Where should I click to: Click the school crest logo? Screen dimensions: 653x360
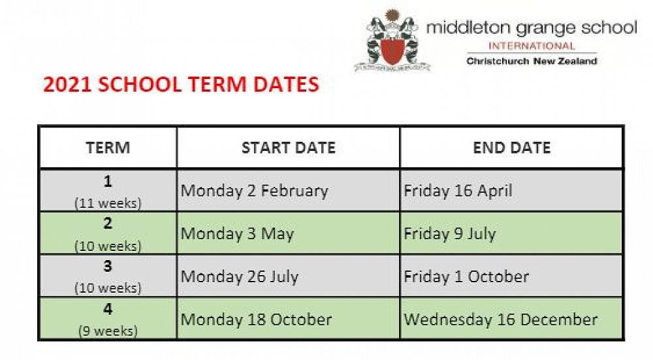coord(392,41)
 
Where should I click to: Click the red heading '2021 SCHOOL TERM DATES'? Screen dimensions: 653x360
coord(181,84)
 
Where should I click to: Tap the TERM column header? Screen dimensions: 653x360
coord(108,148)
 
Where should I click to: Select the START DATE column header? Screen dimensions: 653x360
coord(288,148)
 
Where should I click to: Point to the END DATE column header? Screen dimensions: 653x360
coord(511,148)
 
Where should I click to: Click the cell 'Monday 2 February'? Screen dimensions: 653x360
coord(255,191)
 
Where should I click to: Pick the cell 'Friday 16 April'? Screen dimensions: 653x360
coord(458,191)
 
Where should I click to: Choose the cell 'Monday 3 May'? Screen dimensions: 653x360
coord(238,234)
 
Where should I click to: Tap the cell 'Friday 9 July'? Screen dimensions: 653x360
coord(450,234)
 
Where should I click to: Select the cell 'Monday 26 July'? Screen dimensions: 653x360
coord(240,276)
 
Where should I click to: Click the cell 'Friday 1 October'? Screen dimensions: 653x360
coord(466,276)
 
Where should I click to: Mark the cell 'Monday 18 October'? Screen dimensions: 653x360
coord(256,319)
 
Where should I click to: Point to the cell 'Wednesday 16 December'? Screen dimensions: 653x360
coord(501,319)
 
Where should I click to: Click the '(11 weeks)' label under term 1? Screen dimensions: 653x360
coord(108,203)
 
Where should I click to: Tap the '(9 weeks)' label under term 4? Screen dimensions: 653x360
coord(108,331)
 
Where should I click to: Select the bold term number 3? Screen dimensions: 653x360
coord(108,266)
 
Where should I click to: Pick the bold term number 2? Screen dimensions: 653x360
coord(108,223)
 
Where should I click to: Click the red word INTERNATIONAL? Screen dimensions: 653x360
coord(532,46)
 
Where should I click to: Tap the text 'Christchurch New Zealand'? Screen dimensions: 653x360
coord(532,61)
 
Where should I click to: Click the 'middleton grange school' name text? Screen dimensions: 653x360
coord(532,28)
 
